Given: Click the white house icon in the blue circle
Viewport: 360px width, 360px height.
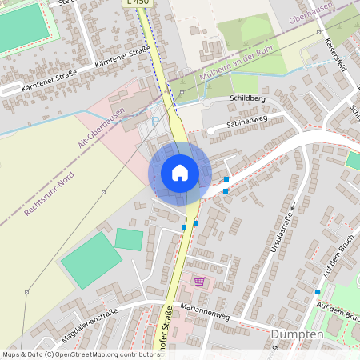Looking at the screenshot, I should click(180, 172).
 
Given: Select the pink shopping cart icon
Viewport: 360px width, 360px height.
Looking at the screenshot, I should click(198, 281).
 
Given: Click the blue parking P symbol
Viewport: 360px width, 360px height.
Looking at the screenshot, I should click(154, 121).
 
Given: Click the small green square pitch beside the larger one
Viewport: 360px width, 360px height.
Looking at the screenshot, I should click(129, 238).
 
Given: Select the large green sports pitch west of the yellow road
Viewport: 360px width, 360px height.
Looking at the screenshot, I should click(91, 260).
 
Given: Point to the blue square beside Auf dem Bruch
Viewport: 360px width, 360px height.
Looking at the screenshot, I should click(317, 292).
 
